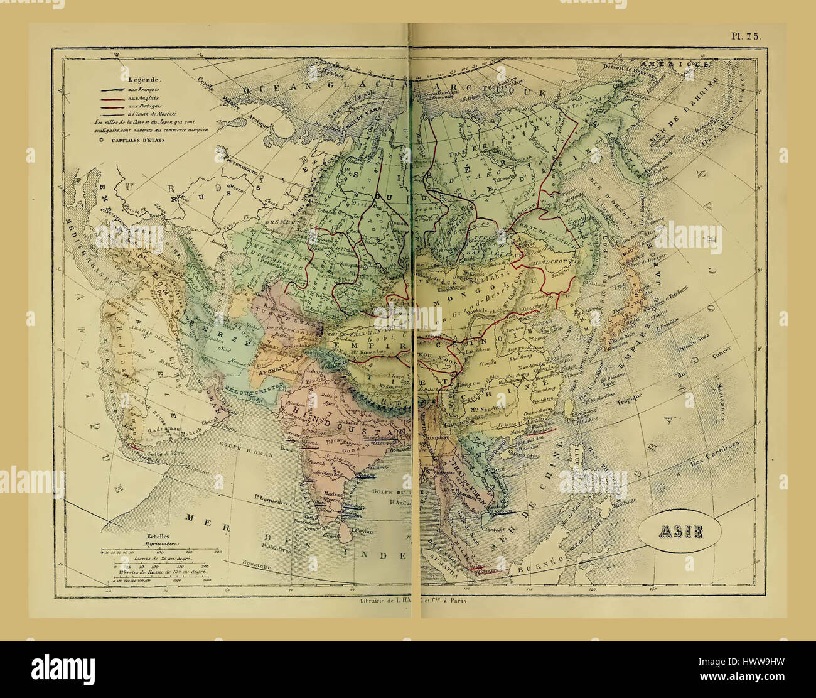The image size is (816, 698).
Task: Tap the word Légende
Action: point(145,80)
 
